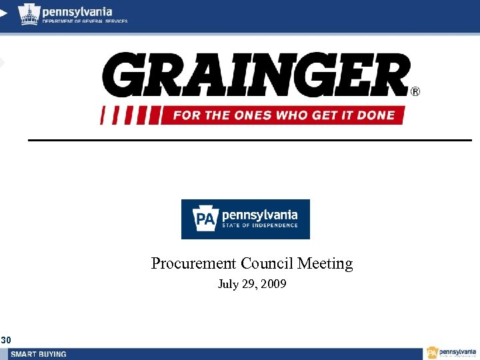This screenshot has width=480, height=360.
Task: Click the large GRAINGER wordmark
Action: click(x=256, y=75)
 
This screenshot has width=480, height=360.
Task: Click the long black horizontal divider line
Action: click(x=249, y=140)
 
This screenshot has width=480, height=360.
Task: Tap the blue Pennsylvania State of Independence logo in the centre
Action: click(x=245, y=219)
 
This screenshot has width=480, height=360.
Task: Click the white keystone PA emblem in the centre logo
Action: click(x=204, y=219)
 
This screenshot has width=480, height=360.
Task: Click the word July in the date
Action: click(x=229, y=285)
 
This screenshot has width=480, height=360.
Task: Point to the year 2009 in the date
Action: click(x=274, y=285)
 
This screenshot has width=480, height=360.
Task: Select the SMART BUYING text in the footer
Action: click(x=38, y=354)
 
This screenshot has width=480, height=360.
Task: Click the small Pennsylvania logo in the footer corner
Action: click(x=452, y=353)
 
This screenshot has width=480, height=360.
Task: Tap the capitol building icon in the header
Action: click(x=29, y=13)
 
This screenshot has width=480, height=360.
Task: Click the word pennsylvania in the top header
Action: click(x=77, y=11)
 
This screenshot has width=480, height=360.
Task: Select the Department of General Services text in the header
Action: click(x=85, y=21)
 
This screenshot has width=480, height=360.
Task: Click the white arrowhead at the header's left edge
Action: click(x=3, y=12)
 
